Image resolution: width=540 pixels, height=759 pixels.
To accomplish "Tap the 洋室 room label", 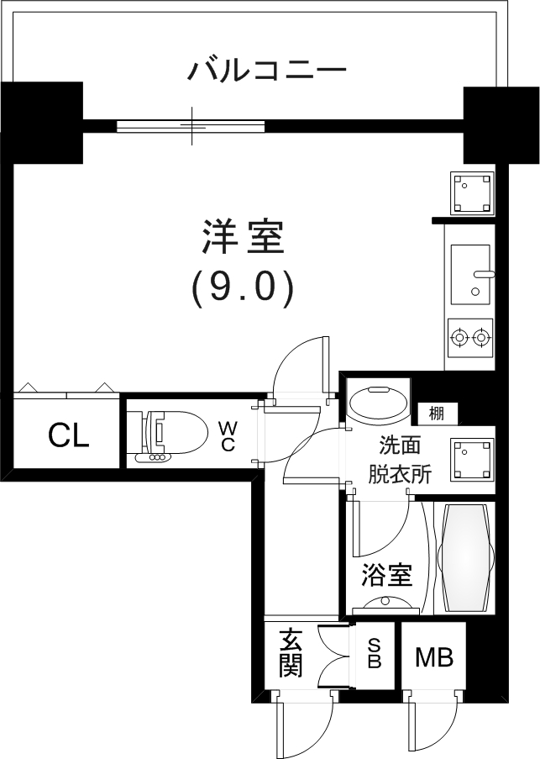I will [244, 237].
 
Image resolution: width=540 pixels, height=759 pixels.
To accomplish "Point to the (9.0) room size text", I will [243, 287].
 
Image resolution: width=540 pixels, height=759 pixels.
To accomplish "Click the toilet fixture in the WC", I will [172, 434].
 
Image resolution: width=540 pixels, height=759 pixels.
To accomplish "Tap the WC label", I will [228, 435].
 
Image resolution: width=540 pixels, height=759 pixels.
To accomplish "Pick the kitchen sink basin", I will [469, 274].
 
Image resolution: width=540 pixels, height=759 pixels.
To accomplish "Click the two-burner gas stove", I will [469, 338].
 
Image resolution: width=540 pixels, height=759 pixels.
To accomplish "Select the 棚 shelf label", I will [437, 413].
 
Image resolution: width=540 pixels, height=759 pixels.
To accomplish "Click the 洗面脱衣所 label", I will [399, 460].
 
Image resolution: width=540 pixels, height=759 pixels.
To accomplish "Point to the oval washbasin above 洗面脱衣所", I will [379, 403].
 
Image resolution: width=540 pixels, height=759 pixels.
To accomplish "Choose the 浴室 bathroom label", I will [386, 576].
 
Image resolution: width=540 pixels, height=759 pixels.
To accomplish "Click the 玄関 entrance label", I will [291, 653].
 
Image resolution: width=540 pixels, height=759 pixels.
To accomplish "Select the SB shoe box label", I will [375, 653].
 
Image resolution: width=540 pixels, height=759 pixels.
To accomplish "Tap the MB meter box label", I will [434, 656].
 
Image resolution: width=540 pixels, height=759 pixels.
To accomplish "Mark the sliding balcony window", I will [191, 126].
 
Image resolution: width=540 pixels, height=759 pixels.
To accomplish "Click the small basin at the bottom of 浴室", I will [386, 603].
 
